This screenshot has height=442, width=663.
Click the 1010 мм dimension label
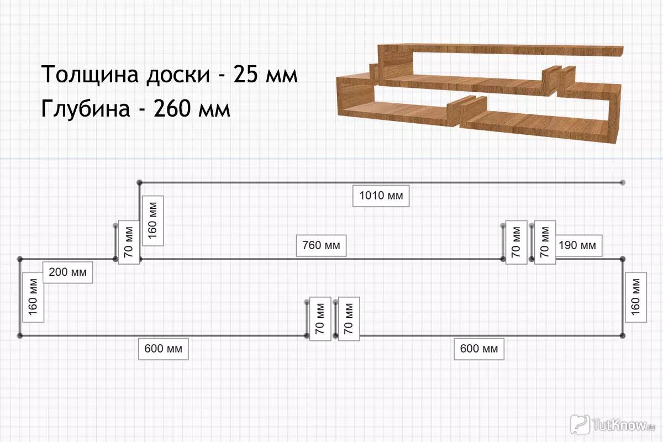(381, 196)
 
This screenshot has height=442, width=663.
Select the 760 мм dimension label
(321, 245)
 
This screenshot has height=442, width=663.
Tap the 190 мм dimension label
(577, 245)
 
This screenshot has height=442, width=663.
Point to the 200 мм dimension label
(67, 272)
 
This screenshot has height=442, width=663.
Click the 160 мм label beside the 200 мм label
(33, 304)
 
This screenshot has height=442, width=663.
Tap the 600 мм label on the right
(479, 349)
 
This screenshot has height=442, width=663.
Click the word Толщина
(90, 75)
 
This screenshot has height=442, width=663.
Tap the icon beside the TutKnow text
(580, 424)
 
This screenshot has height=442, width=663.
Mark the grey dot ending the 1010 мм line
(623, 182)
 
